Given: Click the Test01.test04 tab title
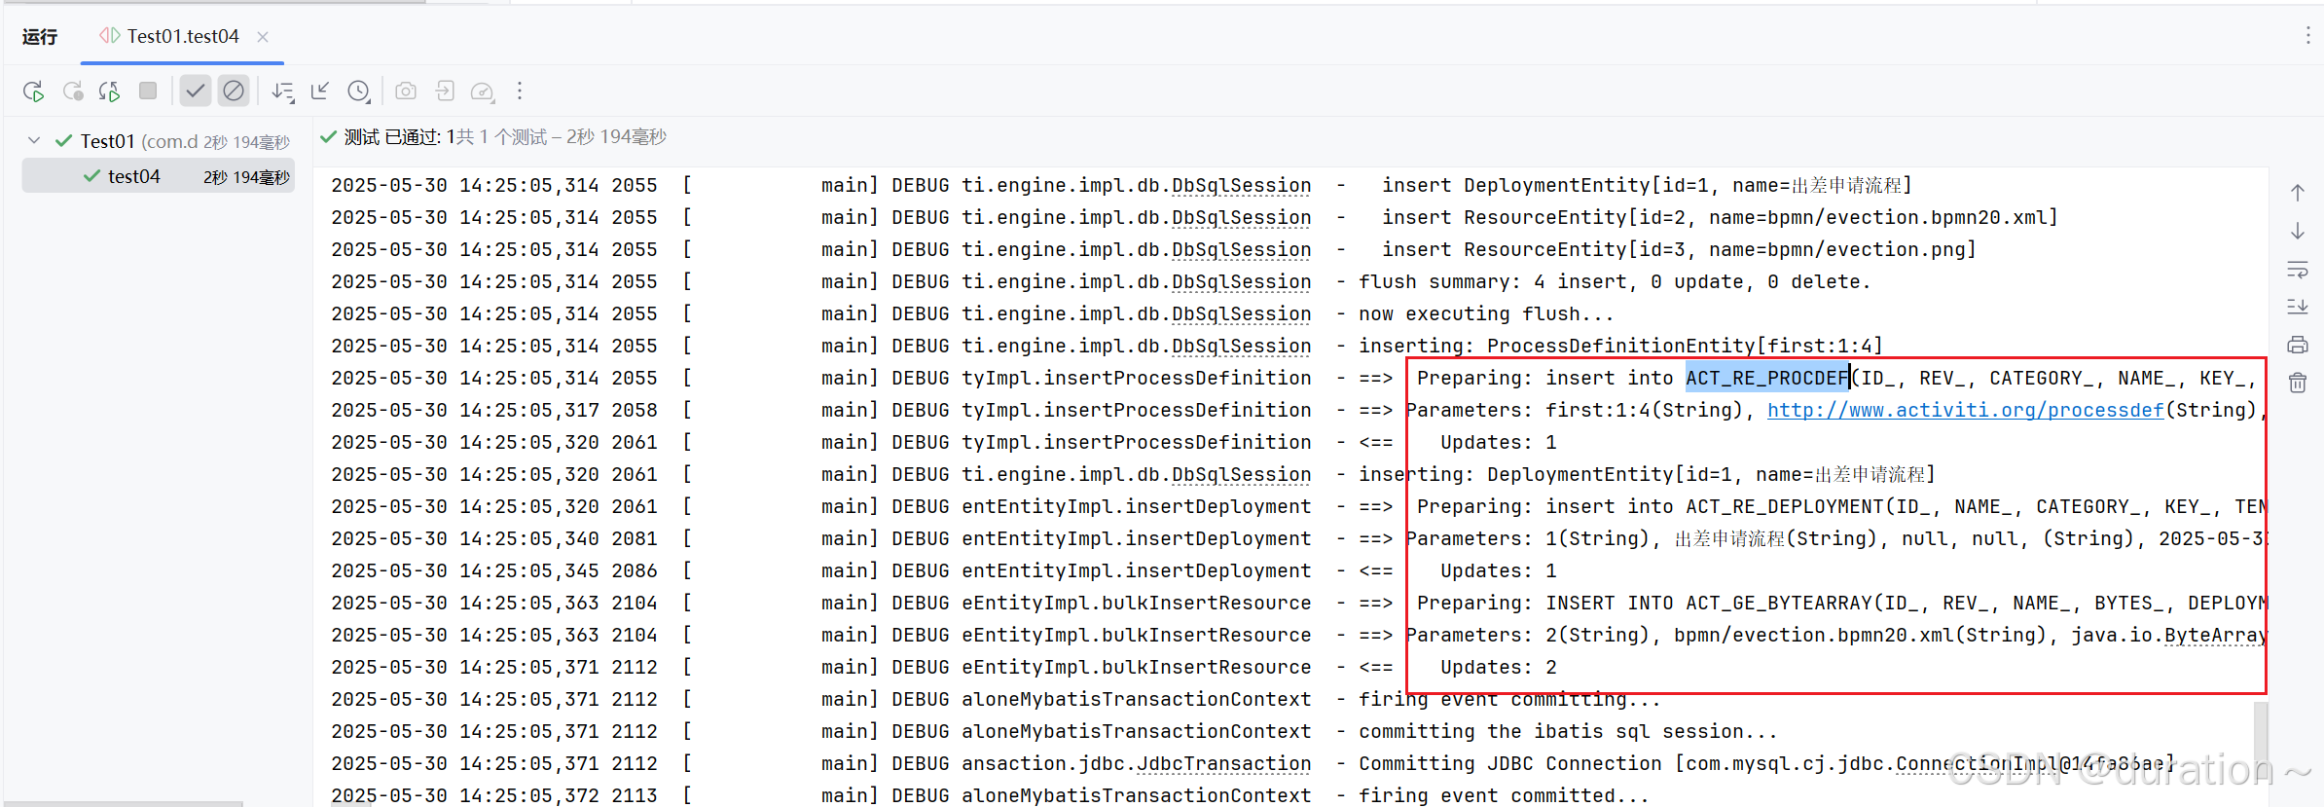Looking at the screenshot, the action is click(182, 37).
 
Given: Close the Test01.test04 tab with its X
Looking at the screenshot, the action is click(263, 37).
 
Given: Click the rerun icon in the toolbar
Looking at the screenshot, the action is click(33, 92).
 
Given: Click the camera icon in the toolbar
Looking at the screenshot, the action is click(406, 92).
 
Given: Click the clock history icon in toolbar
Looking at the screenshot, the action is click(359, 92).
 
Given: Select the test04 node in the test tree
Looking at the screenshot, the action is click(133, 176).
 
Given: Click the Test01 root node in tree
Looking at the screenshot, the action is click(107, 141).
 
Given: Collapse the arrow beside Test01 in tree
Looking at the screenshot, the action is click(35, 141).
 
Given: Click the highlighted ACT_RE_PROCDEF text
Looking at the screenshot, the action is click(1766, 378).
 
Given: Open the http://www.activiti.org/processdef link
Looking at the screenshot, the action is click(1965, 410).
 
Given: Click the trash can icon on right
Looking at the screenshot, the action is click(2298, 383).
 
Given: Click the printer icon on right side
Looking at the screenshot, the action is click(2298, 345).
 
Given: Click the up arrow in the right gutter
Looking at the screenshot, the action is click(2298, 193).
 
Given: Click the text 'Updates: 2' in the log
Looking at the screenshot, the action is click(1498, 667).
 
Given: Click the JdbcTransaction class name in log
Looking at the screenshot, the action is click(1223, 763).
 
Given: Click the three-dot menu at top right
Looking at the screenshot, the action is click(2307, 36).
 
